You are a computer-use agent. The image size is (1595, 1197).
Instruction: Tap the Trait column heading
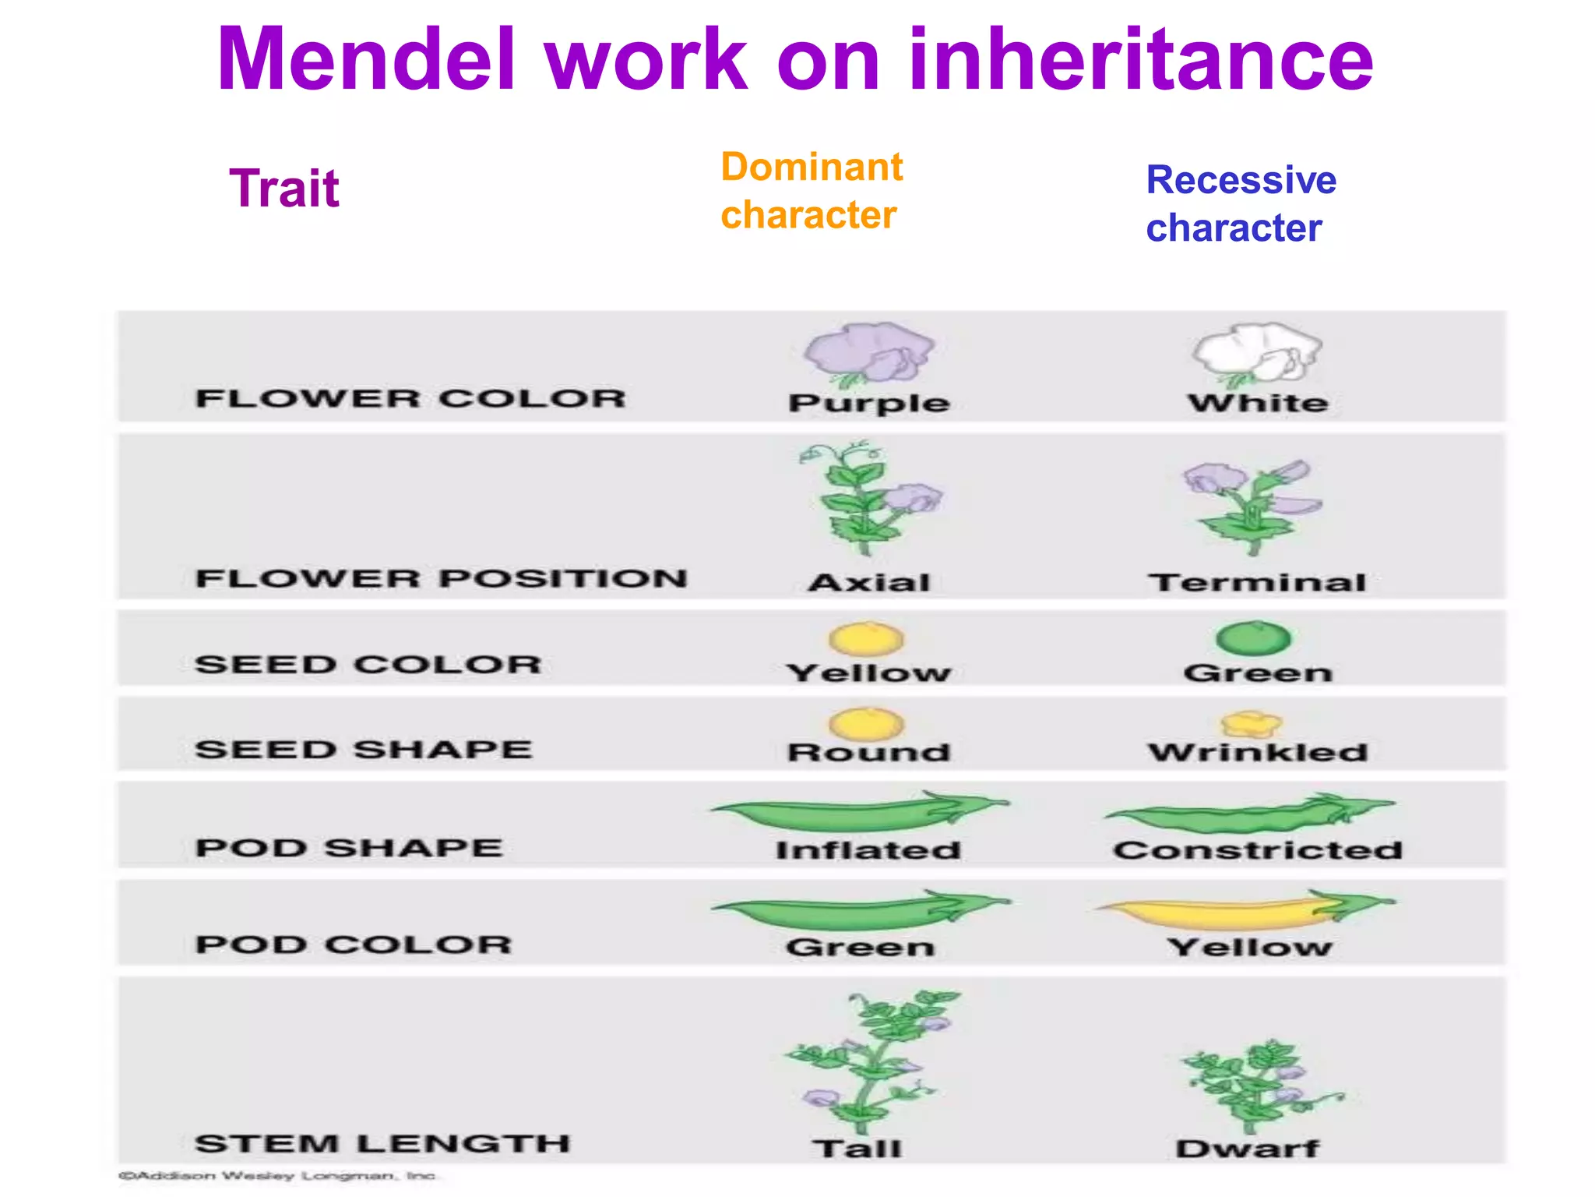tap(284, 189)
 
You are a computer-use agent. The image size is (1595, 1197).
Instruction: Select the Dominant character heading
tap(811, 191)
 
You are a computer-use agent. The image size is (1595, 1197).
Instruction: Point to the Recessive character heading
tap(1241, 203)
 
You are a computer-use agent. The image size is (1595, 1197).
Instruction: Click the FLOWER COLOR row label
tap(410, 398)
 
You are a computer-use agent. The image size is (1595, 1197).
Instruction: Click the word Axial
tap(869, 582)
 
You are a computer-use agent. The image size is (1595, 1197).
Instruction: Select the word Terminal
tap(1257, 582)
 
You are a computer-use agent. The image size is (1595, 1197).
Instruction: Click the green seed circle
tap(1253, 638)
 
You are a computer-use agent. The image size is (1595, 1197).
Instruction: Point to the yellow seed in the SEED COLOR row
tap(866, 638)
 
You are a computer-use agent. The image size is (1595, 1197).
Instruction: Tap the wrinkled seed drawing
tap(1250, 724)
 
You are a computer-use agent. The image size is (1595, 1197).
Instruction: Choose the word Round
tap(868, 752)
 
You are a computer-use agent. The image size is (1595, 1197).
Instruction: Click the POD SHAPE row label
tap(349, 847)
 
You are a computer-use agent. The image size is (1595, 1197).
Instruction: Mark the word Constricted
tap(1257, 849)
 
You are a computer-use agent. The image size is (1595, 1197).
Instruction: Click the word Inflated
tap(868, 849)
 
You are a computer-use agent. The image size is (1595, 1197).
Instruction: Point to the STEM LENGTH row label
tap(382, 1143)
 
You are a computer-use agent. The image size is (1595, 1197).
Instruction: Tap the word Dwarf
tap(1247, 1148)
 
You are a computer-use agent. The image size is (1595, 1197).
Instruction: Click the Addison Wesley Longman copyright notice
tap(277, 1175)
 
